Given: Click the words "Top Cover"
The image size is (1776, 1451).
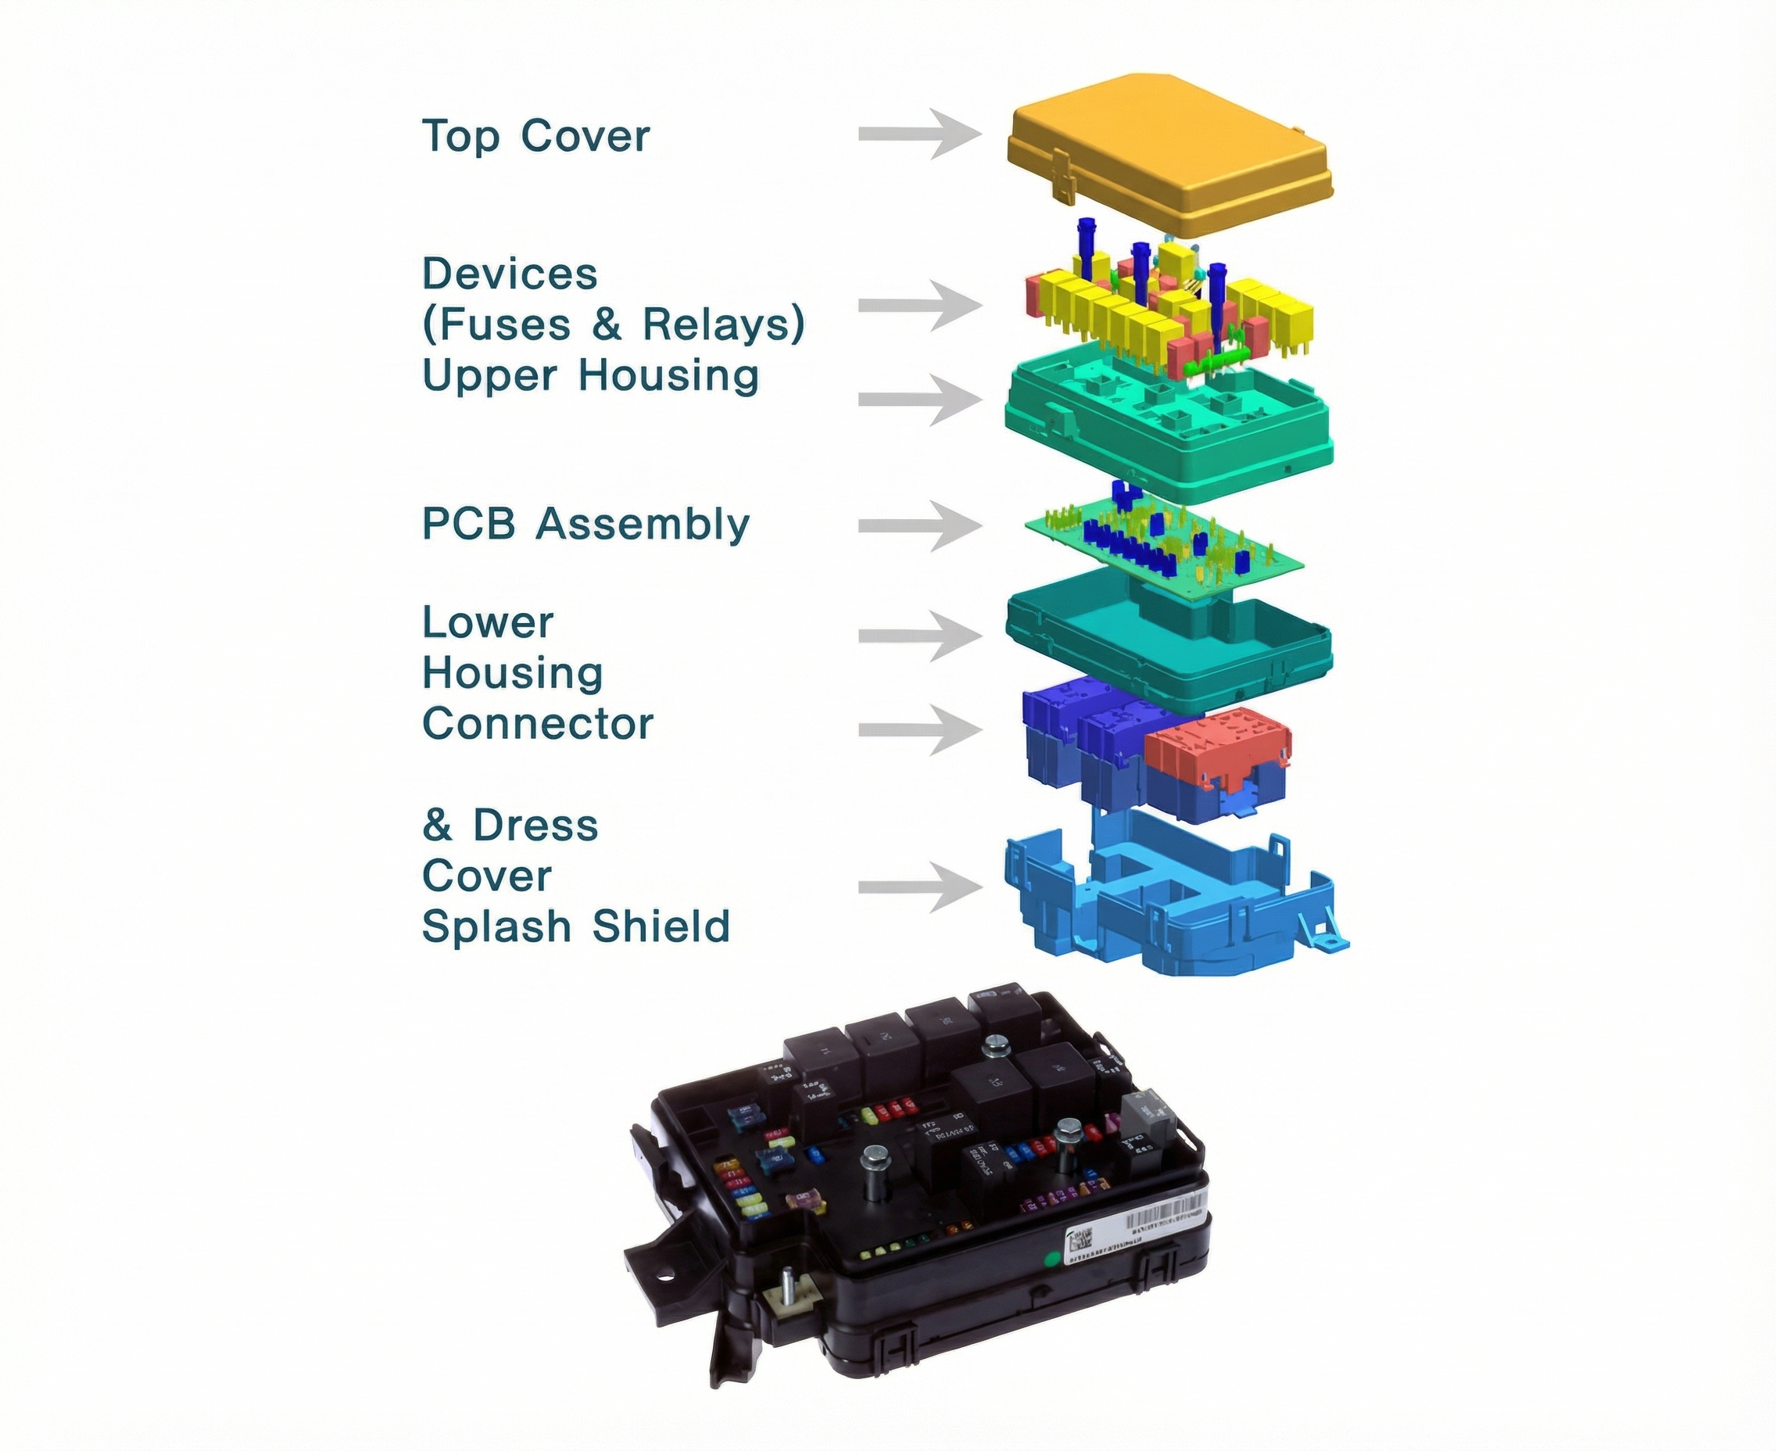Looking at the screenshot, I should coord(535,136).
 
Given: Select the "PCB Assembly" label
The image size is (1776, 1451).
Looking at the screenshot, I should coord(585,525).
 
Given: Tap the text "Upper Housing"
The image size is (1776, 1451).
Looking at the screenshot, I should coord(590,375).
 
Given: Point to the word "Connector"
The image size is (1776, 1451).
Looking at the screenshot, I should coord(537,724).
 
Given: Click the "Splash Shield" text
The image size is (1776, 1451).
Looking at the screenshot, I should coord(576,926).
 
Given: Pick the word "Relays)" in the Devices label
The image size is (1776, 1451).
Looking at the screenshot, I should coord(723,324).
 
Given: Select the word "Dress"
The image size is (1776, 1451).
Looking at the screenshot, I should coord(535,825).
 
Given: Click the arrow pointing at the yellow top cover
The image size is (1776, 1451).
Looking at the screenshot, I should coord(919,134).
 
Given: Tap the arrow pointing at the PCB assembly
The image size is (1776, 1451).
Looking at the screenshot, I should coord(919,525).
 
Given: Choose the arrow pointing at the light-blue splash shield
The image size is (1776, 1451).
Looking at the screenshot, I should coord(919,887).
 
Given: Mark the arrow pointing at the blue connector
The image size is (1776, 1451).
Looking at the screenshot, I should coord(919,729).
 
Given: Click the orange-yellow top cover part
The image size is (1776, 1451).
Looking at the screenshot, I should coord(1170,150).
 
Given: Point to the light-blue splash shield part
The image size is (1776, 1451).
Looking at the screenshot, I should coord(1170,903).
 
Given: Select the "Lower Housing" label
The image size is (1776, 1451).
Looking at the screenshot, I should coord(511,648).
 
